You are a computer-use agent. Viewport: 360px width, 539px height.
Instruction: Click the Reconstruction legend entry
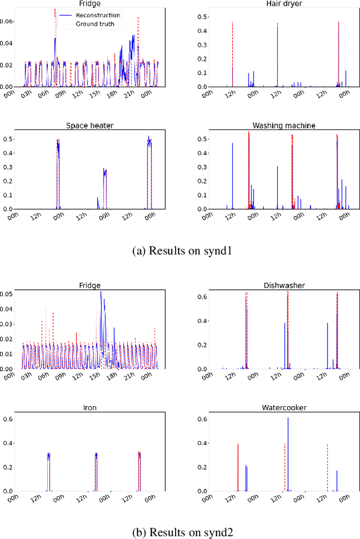pos(100,15)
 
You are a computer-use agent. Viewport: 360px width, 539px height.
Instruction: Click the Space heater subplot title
pos(90,125)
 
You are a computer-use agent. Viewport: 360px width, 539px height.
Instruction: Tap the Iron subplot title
pos(90,407)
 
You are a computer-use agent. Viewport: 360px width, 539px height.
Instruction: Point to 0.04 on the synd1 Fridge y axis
pos(8,43)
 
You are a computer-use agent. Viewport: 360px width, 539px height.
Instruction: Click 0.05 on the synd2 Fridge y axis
pos(8,294)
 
